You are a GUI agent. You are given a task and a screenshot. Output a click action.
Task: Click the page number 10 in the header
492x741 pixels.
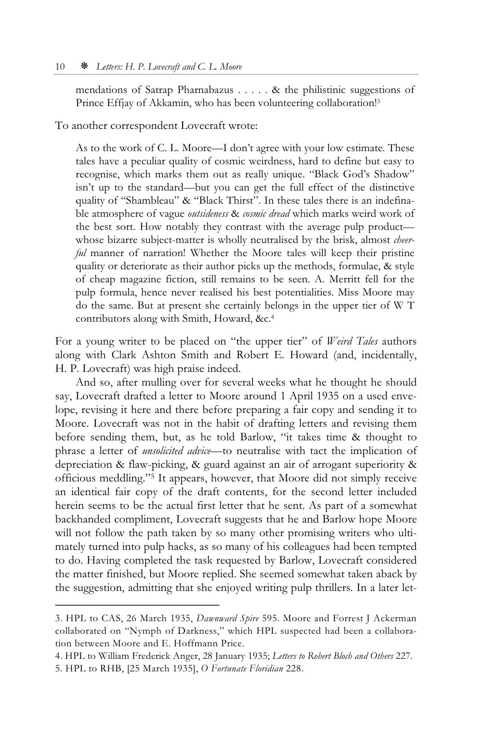click(59, 67)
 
